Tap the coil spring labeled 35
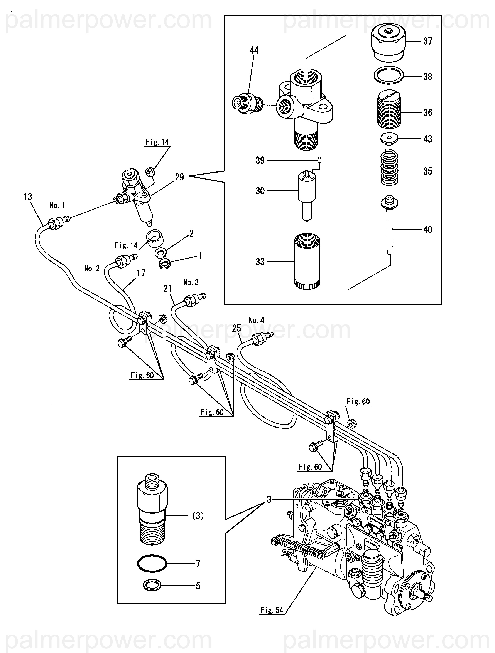(x=389, y=168)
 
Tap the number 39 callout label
(x=260, y=160)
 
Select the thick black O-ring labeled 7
(x=152, y=563)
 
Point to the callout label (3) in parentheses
(x=198, y=515)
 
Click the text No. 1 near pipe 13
(x=57, y=205)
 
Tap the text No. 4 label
(x=257, y=320)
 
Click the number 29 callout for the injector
(x=180, y=177)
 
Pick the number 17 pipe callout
(x=141, y=273)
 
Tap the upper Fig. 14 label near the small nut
(x=157, y=142)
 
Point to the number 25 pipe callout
(x=237, y=328)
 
